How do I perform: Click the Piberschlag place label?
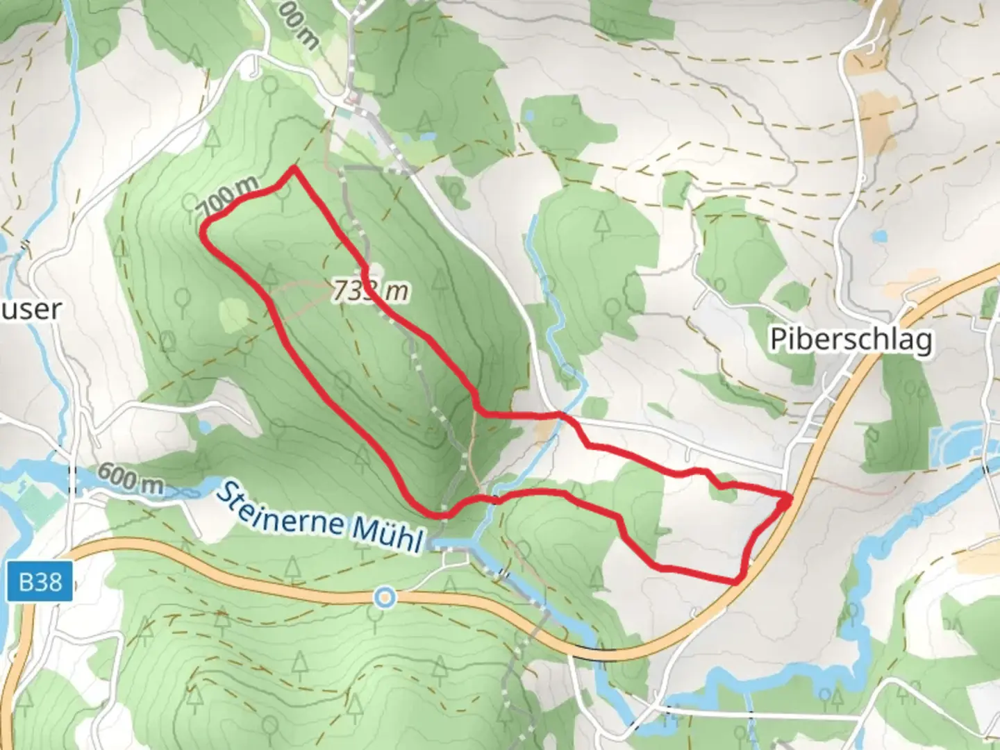[x=851, y=340]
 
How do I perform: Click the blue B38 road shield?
[x=40, y=581]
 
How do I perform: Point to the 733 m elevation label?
[x=369, y=290]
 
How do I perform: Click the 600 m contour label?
[x=130, y=478]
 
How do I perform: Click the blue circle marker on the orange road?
[x=384, y=597]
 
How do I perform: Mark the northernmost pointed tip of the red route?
[x=294, y=168]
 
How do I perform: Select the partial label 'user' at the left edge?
[x=31, y=309]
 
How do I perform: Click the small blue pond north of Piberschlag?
[x=880, y=236]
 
